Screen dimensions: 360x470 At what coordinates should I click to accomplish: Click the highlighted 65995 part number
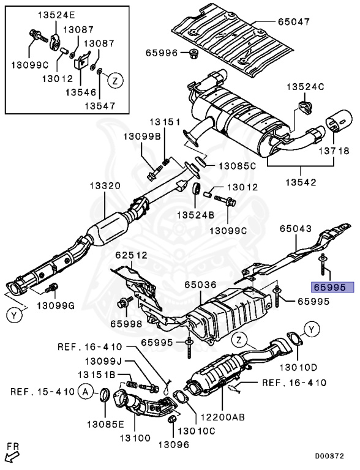click(x=333, y=288)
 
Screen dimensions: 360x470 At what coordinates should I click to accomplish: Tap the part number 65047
click(x=294, y=22)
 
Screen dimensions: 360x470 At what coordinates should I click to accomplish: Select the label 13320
click(x=105, y=186)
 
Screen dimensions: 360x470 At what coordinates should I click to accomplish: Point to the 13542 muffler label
click(x=301, y=182)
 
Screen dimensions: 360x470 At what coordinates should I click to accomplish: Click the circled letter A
click(x=86, y=392)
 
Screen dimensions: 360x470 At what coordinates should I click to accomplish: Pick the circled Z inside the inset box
click(x=115, y=80)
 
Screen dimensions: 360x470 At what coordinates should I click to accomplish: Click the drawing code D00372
click(x=329, y=456)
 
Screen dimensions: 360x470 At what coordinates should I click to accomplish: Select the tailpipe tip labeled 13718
click(x=339, y=122)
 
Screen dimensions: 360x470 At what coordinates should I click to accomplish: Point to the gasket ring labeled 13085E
click(x=105, y=396)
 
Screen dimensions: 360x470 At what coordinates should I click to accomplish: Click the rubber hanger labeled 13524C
click(x=305, y=107)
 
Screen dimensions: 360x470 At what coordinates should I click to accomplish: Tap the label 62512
click(x=132, y=255)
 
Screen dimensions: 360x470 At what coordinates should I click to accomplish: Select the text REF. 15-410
click(x=42, y=392)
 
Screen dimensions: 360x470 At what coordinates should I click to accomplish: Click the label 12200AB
click(x=223, y=417)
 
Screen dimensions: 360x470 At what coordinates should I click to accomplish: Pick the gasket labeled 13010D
click(x=295, y=338)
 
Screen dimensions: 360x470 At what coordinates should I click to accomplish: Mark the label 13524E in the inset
click(x=56, y=15)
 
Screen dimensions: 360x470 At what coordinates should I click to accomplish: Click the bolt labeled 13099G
click(x=51, y=288)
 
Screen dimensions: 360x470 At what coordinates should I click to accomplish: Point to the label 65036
click(x=200, y=285)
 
